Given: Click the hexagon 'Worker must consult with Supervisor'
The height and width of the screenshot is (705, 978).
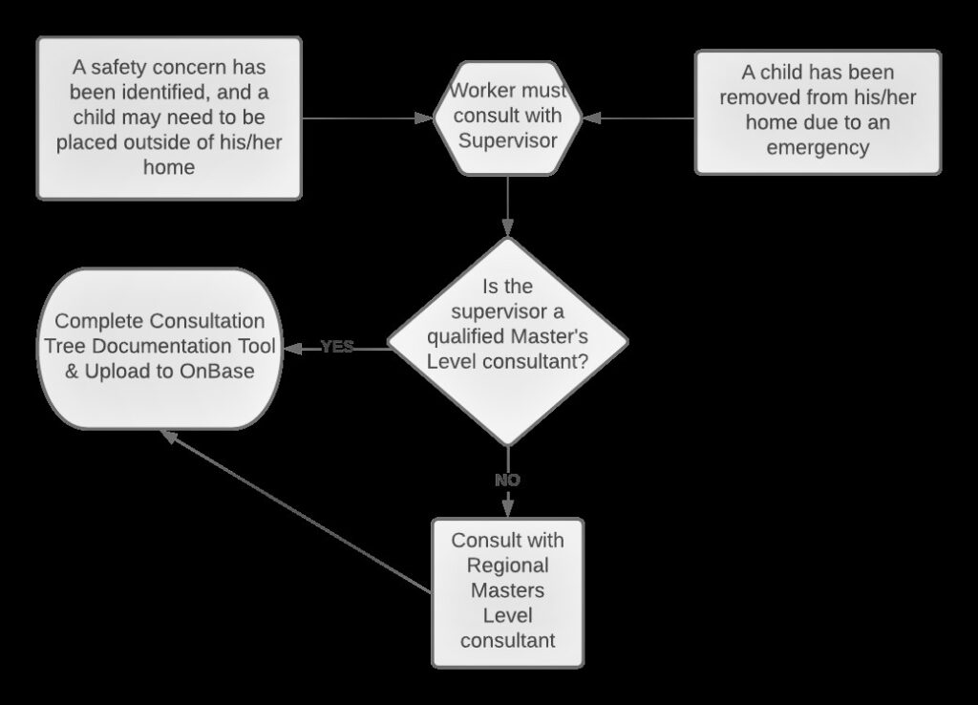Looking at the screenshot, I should [x=507, y=117].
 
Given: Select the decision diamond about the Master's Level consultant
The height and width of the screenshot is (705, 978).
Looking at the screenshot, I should [x=507, y=340].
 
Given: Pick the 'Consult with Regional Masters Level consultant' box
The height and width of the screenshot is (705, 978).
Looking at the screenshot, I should [x=507, y=591].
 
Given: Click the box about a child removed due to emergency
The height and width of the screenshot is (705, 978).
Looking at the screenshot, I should [x=818, y=111].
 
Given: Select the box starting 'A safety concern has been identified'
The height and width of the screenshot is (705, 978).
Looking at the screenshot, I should [x=169, y=117].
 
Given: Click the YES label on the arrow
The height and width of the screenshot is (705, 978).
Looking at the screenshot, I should [x=337, y=347].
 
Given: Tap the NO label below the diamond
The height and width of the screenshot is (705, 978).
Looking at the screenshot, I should [x=507, y=481].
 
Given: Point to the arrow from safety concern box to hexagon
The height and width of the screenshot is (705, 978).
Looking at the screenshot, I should [x=367, y=118].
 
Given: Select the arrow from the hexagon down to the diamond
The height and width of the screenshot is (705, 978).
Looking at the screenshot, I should [x=507, y=205].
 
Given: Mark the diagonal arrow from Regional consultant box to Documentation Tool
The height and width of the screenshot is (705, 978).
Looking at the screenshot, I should [x=296, y=511].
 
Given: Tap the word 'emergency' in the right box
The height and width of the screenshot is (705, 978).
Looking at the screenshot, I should [x=818, y=147].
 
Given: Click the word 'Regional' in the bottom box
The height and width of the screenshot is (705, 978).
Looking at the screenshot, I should [x=507, y=566].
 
